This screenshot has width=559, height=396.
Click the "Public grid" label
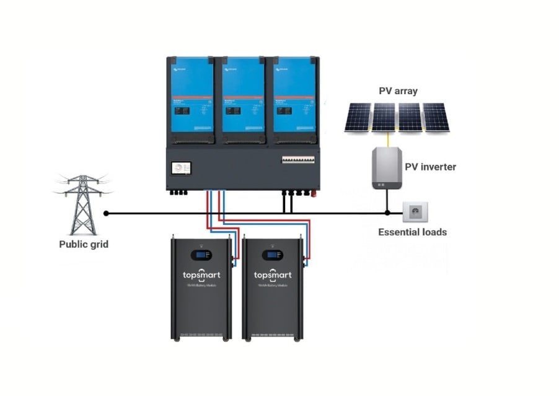(84, 244)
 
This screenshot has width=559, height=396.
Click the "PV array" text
(398, 91)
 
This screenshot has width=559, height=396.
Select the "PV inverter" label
(429, 167)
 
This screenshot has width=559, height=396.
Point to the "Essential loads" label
(412, 232)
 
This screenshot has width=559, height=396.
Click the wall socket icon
(415, 213)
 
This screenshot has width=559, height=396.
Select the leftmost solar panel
(358, 118)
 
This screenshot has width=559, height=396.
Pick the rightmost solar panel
(436, 118)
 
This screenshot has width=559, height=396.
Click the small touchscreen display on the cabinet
(181, 170)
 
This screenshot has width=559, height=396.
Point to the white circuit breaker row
(298, 159)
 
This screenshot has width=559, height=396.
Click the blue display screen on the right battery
(271, 255)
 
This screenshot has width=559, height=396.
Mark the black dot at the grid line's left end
(106, 213)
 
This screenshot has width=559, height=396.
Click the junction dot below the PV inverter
(387, 213)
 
